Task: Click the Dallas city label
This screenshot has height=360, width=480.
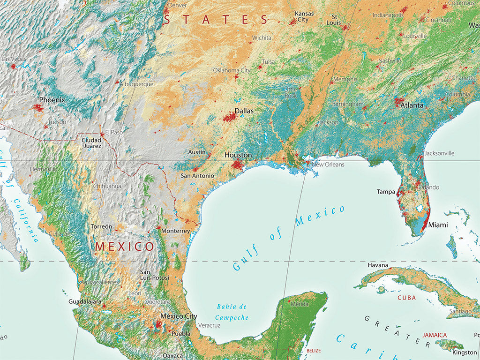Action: (x=244, y=111)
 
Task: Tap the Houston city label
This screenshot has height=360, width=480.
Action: (x=238, y=155)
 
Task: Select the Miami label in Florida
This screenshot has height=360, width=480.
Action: (x=438, y=225)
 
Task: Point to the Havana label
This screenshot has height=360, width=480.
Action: (x=378, y=265)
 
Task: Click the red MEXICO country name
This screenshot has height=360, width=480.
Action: (x=125, y=247)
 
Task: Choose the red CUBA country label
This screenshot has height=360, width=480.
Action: (x=406, y=298)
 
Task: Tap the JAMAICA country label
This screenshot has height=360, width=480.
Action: (x=435, y=335)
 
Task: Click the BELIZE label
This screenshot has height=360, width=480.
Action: (x=314, y=351)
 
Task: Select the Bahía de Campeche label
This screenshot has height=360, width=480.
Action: (x=232, y=312)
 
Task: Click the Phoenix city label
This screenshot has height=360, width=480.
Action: (x=52, y=100)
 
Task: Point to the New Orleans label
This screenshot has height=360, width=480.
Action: (x=328, y=165)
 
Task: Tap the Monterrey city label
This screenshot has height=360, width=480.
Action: (x=175, y=231)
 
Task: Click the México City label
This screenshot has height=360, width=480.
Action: (x=179, y=316)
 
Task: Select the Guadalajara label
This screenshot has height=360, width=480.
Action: (x=85, y=301)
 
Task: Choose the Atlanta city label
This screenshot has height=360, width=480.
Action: (x=412, y=105)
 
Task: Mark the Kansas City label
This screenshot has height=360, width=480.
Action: (x=303, y=16)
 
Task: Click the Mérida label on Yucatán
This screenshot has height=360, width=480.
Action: (x=300, y=304)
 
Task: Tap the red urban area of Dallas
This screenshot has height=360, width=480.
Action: (x=229, y=117)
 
